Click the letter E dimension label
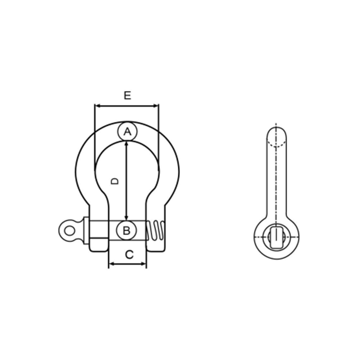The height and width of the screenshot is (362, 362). (128, 95)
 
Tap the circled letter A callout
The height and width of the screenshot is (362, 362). (127, 131)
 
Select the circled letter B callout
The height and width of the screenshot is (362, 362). (127, 230)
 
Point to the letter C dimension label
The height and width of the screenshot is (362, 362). (129, 255)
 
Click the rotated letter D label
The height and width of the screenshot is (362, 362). (114, 181)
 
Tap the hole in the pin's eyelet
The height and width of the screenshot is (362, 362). (70, 231)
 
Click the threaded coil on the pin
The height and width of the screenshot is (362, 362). (156, 230)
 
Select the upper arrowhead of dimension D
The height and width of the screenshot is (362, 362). (126, 144)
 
